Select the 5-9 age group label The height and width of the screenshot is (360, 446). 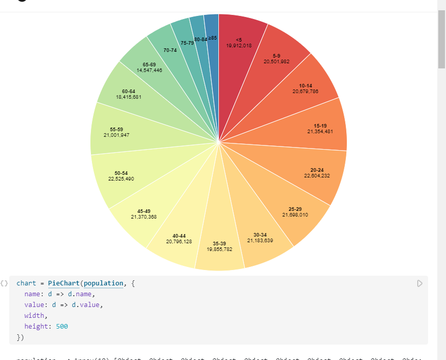point(276,56)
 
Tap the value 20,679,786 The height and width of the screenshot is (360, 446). point(305,92)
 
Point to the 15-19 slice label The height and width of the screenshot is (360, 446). point(320,125)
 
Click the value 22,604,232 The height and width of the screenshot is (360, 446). point(317,176)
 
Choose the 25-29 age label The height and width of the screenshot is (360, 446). point(295,209)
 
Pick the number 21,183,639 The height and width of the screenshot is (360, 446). point(260,241)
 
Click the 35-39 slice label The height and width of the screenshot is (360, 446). point(219,243)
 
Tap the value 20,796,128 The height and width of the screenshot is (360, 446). point(179,241)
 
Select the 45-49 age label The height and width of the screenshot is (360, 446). point(144,211)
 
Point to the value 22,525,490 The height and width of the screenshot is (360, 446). point(121,179)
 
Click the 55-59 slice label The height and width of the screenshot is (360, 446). point(117,129)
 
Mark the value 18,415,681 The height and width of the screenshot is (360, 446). point(128,97)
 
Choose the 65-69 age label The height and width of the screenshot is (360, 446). point(150,64)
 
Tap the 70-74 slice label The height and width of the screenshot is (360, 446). point(170,50)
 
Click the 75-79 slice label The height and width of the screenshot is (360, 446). point(187,43)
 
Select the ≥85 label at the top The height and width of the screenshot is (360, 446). point(213,38)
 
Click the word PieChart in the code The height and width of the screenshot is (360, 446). point(64,283)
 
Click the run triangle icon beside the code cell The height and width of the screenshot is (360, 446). point(420,283)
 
